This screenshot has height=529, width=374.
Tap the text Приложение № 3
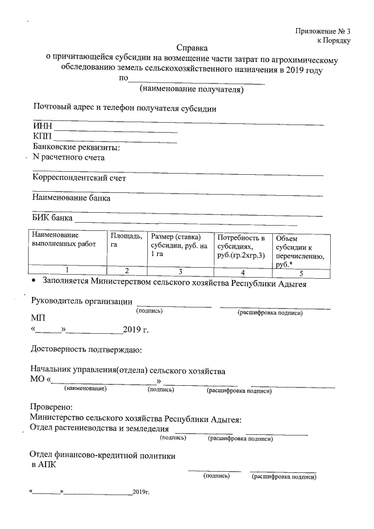pos(323,30)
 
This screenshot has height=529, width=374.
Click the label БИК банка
pos(52,219)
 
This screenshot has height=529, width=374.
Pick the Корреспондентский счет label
pos(79,178)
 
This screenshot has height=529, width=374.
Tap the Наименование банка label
pos(72,198)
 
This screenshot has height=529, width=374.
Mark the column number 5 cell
pos(300,272)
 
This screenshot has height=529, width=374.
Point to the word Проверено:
pos(51,406)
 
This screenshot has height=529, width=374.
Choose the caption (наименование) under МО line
pos(85,389)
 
